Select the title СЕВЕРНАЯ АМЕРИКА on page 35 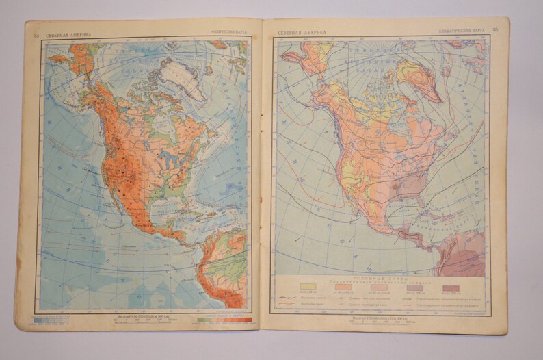pyautogui.click(x=302, y=31)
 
